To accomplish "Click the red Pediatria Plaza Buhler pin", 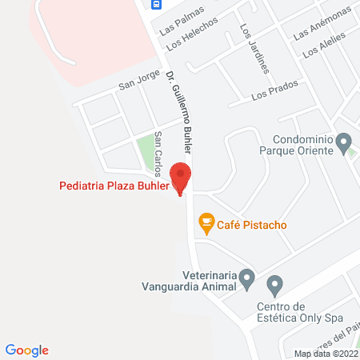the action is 182,177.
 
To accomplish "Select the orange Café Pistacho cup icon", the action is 206,224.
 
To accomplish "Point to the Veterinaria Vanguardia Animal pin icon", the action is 247,279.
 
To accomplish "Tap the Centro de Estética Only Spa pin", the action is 275,283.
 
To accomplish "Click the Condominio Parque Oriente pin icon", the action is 344,144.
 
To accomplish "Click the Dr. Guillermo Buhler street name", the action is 179,113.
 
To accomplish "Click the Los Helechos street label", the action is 189,36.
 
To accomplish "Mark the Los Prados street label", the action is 269,94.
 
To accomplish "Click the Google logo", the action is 26,350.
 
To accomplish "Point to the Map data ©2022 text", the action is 326,353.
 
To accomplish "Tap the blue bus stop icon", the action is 156,3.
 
